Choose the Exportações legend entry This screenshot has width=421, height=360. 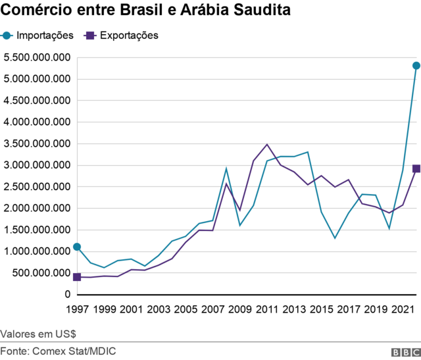point(122,36)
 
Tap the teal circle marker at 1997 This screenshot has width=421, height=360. point(77,247)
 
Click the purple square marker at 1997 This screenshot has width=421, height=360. point(77,277)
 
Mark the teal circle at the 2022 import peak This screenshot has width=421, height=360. point(416,66)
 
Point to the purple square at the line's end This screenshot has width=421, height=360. point(416,168)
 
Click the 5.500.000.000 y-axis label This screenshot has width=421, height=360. point(36,58)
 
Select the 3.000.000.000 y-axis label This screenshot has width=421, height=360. point(36,165)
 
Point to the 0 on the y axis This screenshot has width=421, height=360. point(67,294)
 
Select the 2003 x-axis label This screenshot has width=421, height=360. point(159,309)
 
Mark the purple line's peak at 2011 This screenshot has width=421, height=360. point(266,144)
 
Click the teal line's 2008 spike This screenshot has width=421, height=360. point(226,168)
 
